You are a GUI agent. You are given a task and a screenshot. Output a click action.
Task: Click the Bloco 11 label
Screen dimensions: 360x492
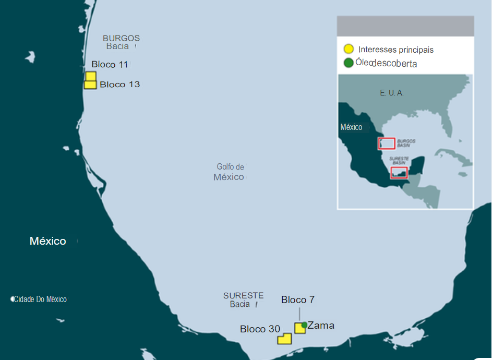click(110, 65)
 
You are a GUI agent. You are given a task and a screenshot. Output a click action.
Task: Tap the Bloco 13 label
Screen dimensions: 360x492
click(120, 85)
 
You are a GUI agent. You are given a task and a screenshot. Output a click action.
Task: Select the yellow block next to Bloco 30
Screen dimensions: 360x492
click(284, 339)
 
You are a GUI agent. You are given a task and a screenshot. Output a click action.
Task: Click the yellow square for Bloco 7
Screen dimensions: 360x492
click(299, 328)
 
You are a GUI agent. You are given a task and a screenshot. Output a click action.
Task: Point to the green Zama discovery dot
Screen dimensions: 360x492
click(304, 325)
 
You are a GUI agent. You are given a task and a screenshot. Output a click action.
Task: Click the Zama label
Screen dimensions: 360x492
click(321, 326)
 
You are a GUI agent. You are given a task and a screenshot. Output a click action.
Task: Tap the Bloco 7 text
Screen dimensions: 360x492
click(297, 300)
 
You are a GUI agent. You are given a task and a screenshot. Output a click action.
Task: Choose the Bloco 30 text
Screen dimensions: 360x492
click(260, 329)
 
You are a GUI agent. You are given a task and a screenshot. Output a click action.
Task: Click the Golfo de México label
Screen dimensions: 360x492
click(230, 172)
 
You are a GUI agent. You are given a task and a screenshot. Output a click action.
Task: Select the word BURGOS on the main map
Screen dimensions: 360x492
click(121, 38)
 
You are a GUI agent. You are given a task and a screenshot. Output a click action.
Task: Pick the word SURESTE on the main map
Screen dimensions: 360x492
click(243, 295)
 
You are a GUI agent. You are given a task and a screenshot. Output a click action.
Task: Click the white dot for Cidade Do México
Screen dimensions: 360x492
click(13, 299)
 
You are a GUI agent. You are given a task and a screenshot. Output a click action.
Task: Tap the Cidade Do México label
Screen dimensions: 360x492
click(41, 299)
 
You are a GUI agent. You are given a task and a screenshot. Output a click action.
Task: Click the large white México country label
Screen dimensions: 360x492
click(48, 241)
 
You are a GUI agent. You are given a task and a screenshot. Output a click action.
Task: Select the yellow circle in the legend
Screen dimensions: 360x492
click(348, 50)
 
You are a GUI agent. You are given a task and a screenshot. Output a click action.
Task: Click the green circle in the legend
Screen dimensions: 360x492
click(348, 63)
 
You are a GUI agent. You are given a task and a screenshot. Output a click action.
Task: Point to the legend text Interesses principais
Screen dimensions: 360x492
click(396, 50)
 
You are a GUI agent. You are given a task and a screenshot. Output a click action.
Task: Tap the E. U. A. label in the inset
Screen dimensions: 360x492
click(392, 93)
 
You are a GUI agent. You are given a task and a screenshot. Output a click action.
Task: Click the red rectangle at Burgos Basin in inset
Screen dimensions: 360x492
click(386, 143)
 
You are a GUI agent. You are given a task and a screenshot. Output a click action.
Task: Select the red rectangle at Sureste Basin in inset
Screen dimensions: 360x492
click(399, 173)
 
